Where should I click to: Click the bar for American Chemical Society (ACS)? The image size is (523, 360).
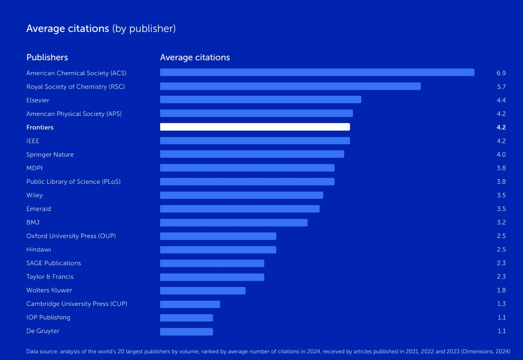point(317,73)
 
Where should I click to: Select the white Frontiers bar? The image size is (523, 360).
point(255,127)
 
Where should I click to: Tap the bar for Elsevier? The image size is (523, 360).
point(260,100)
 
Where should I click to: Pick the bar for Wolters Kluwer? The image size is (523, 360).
point(203,290)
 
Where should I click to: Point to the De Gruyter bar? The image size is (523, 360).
point(186,331)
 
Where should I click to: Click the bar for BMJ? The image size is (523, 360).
point(233,222)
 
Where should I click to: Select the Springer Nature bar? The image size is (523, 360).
point(252,155)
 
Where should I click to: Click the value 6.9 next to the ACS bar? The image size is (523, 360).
point(501,73)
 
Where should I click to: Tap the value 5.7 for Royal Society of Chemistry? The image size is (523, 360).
point(501,87)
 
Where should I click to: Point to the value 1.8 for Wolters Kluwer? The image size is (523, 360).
point(501,290)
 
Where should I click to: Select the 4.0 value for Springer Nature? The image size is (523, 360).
point(501,155)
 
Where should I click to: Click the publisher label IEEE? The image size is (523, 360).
point(33,141)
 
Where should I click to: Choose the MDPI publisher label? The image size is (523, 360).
point(35,168)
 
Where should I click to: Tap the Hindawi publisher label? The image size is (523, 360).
point(39,250)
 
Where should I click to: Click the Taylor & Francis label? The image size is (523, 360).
point(50,277)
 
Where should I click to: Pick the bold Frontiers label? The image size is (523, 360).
point(40,127)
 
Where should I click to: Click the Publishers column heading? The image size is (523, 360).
point(47,57)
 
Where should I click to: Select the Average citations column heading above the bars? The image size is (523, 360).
point(195,57)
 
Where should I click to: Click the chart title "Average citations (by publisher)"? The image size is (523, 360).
point(101,29)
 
